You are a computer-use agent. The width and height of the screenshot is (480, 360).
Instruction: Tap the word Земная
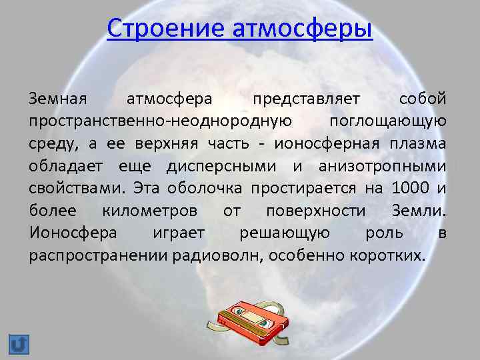58,99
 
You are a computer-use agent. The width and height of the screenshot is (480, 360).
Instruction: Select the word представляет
306,99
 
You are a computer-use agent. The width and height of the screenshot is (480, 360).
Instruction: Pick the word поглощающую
388,121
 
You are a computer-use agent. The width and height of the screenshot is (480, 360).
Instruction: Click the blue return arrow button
19,344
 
